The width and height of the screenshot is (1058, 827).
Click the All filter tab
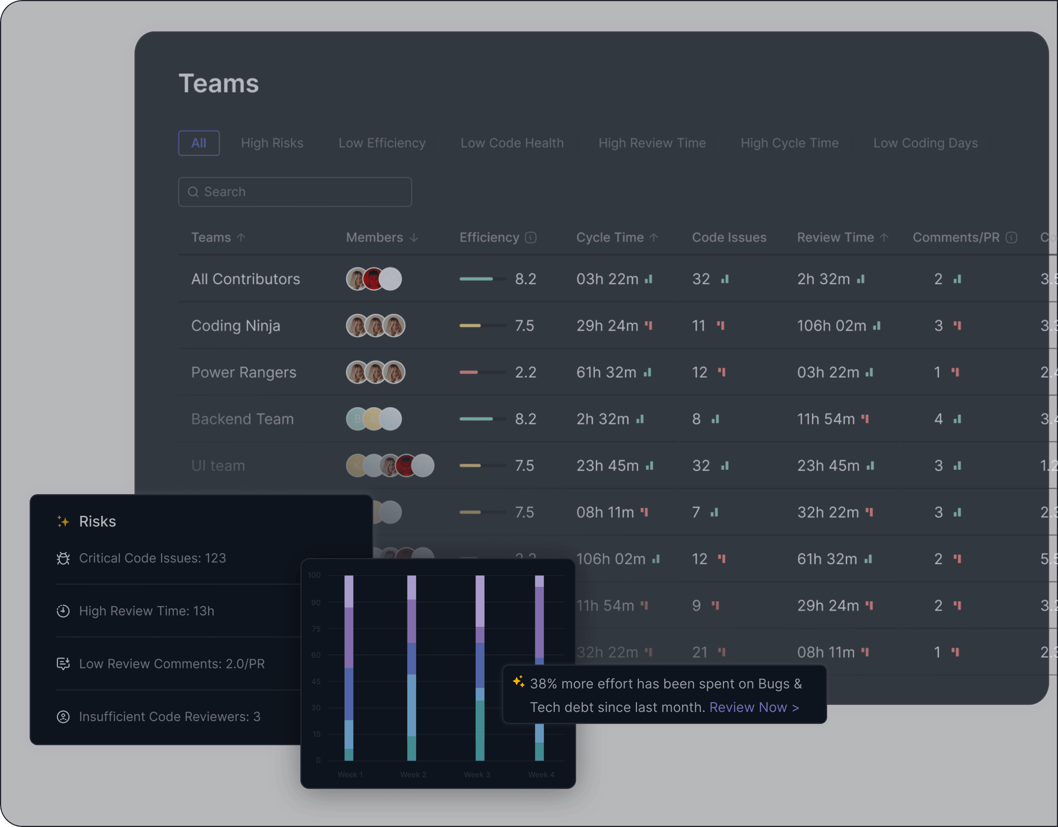199,143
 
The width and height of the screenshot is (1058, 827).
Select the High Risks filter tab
272,143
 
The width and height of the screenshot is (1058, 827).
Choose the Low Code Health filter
512,143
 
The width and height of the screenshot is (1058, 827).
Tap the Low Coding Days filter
925,143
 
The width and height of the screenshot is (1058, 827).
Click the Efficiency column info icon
531,238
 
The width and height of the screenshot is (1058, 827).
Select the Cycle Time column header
610,238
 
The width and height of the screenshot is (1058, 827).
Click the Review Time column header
836,238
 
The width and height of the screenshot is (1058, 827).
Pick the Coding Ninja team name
235,326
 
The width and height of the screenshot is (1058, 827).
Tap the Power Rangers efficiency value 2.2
525,372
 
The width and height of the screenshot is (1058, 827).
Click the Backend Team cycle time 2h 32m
603,419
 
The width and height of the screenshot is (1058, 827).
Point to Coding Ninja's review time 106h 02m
831,326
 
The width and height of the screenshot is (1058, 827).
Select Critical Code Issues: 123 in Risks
152,558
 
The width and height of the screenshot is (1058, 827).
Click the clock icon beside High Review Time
63,611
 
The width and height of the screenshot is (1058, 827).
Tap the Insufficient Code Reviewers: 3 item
170,716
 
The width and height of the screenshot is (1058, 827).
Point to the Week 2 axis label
413,775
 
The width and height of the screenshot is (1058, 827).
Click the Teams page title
219,83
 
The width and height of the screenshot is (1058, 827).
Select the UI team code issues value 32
700,465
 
